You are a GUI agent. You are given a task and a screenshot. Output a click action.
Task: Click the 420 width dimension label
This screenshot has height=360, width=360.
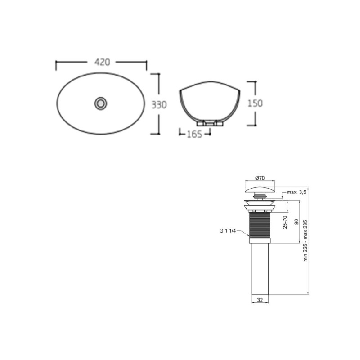(102, 63)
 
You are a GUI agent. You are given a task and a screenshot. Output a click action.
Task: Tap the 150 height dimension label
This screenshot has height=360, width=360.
(255, 103)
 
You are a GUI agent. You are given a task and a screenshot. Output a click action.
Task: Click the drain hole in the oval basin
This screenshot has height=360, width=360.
(101, 103)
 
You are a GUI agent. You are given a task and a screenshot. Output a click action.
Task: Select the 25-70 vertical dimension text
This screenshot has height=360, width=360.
(285, 223)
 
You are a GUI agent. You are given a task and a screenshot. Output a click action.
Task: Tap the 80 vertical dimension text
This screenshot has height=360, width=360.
(296, 221)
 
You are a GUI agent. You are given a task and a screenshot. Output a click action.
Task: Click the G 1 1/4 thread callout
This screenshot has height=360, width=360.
(228, 231)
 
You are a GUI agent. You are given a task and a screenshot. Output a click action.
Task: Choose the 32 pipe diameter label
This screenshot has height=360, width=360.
(260, 299)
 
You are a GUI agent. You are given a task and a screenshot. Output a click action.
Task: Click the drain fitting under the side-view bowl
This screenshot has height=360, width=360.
(209, 122)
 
